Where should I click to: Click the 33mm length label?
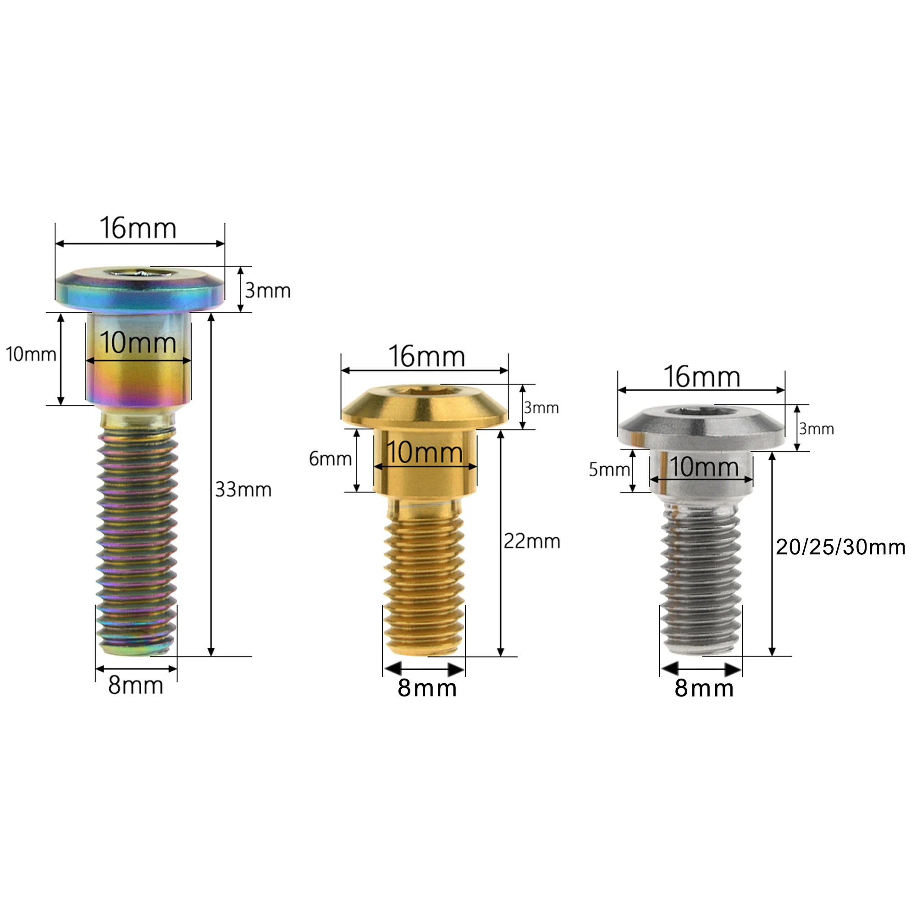243,489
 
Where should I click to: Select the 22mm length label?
531,541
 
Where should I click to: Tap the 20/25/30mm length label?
840,547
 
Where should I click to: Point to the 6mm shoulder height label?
330,458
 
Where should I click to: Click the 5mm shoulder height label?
609,470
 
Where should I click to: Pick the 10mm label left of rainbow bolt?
31,354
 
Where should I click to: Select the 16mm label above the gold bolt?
427,356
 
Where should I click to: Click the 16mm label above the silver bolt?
702,377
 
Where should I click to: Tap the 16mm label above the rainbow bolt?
138,228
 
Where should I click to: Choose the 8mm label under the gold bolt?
427,688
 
